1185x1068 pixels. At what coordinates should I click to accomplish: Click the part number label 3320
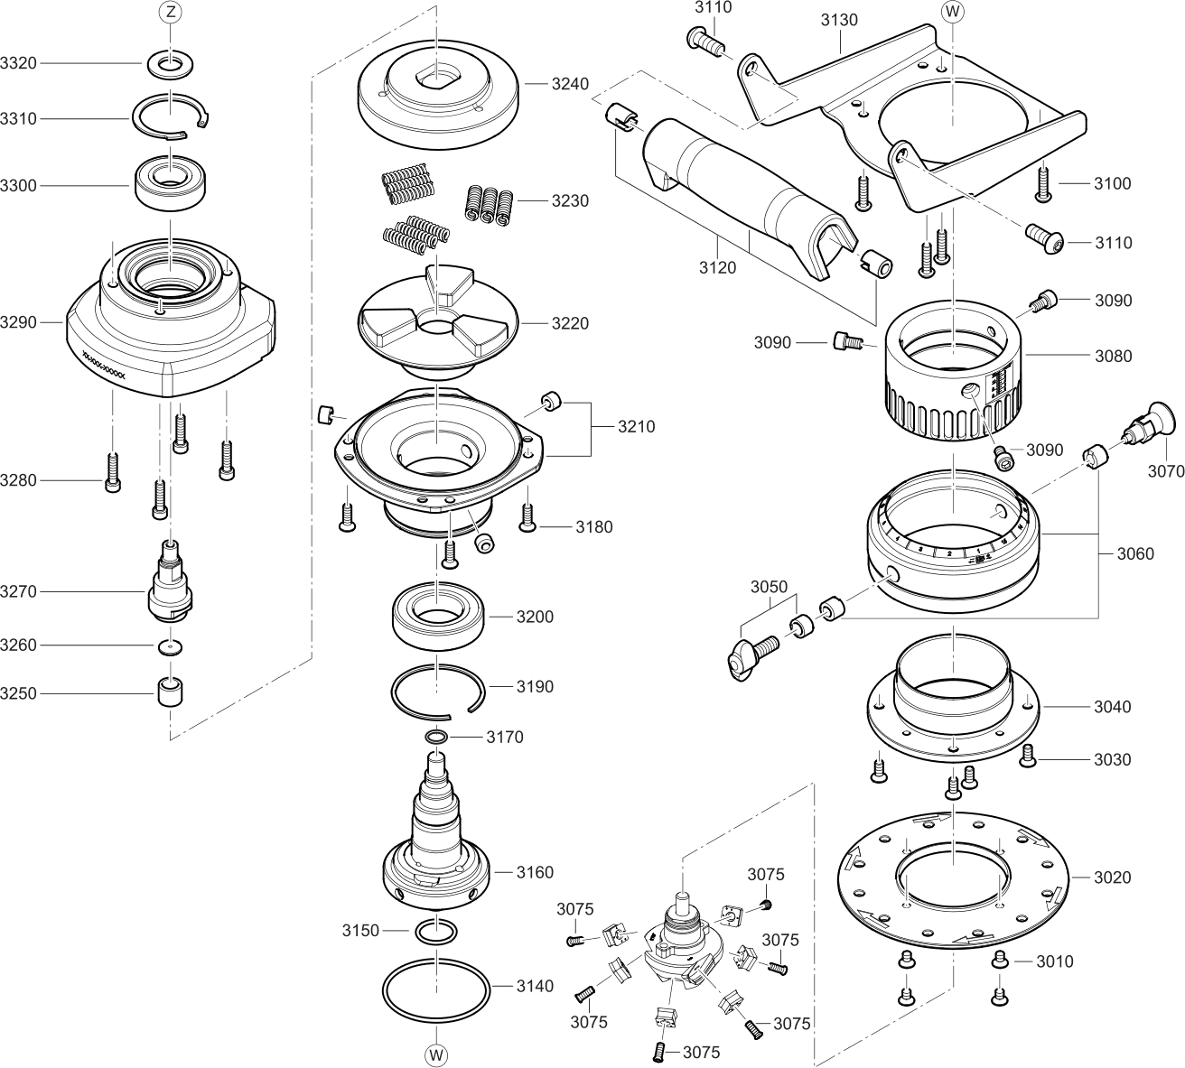[18, 63]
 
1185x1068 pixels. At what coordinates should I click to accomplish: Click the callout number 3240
[570, 84]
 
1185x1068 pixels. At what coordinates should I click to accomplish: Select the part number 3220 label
[570, 323]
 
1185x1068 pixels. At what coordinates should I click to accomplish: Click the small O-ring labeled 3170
[436, 738]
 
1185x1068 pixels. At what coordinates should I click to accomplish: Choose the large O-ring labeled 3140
[436, 986]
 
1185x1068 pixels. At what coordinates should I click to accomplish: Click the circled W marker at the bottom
[435, 1054]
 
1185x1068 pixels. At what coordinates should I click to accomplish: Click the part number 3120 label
[718, 267]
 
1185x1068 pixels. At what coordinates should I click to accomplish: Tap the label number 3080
[1113, 356]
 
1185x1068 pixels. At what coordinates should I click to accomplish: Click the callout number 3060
[1134, 554]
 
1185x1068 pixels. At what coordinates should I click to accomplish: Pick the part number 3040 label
[1112, 707]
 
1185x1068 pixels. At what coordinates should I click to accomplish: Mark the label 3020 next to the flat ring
[1112, 877]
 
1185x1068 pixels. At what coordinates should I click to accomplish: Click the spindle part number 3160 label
[535, 873]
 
